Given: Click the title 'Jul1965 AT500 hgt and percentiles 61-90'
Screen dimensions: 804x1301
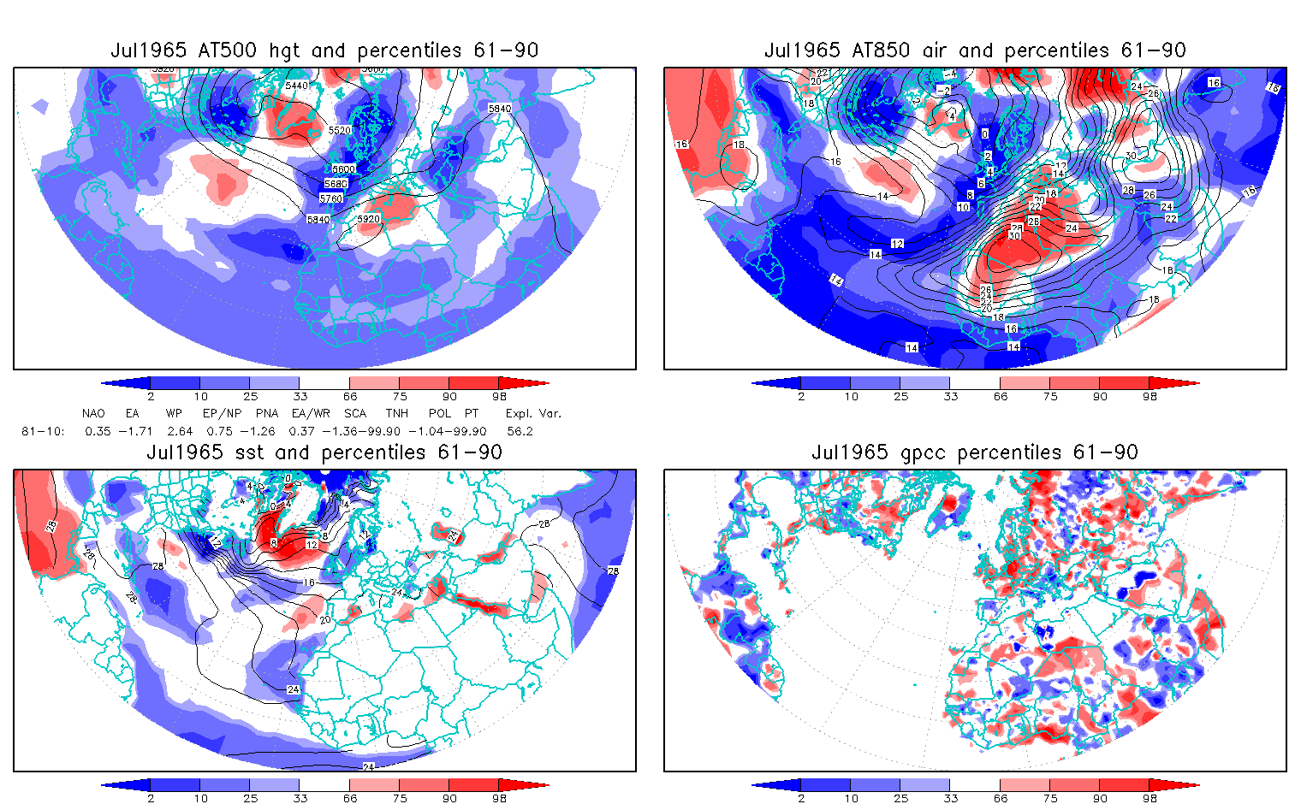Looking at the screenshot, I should (x=324, y=50).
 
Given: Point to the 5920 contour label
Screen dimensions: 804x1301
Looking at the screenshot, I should (x=368, y=220).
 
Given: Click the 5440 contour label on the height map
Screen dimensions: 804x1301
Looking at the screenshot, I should (x=296, y=86).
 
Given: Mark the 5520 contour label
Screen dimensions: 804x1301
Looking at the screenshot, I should (x=340, y=130).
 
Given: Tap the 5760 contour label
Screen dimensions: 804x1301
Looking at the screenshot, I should (x=330, y=198).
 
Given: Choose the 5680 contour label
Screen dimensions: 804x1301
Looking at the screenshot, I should (x=336, y=184).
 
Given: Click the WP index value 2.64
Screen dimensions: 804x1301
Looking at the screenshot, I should (x=180, y=431).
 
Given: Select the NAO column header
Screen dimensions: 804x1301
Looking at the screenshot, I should (x=93, y=413).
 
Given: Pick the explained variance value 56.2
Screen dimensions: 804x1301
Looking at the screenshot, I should (x=520, y=431).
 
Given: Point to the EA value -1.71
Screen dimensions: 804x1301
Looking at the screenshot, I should (x=135, y=431).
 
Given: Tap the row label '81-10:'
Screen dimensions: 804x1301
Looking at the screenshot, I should (x=43, y=431).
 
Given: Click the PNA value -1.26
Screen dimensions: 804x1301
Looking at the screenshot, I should (x=261, y=431).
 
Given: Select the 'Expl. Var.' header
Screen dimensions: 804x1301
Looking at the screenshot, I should (x=533, y=413).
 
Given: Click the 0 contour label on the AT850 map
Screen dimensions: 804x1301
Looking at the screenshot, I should (x=985, y=134).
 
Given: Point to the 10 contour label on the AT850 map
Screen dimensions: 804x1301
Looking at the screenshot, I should (x=963, y=207).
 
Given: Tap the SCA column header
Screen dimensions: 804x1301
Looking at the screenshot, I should (x=354, y=413).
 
